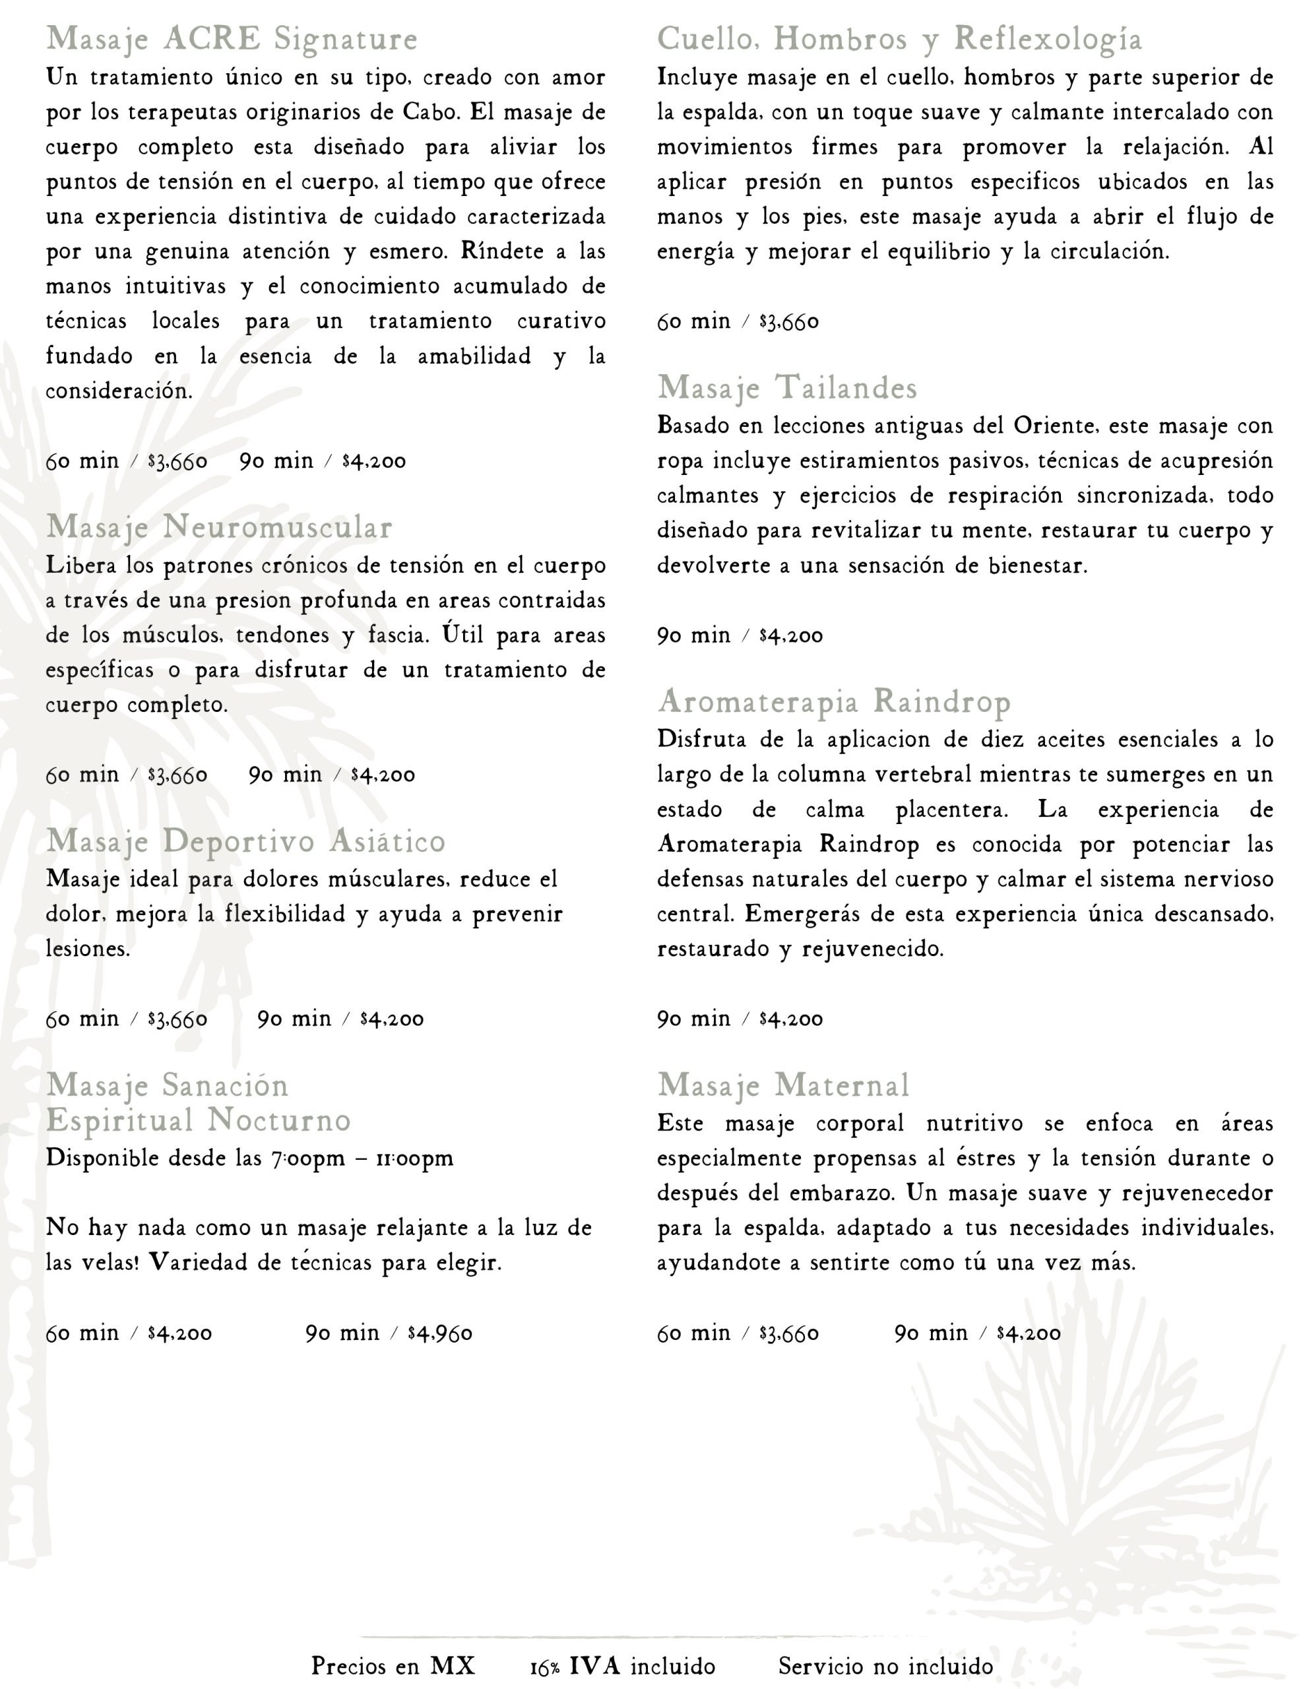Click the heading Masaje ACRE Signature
pyautogui.click(x=232, y=39)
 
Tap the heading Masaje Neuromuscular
pyautogui.click(x=219, y=527)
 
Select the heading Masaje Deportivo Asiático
pyautogui.click(x=245, y=841)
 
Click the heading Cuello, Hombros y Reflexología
pyautogui.click(x=899, y=39)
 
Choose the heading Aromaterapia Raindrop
pyautogui.click(x=834, y=701)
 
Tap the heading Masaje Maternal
pyautogui.click(x=783, y=1085)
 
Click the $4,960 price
pyautogui.click(x=439, y=1333)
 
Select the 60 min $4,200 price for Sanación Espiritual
pyautogui.click(x=179, y=1333)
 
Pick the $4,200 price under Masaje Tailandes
pyautogui.click(x=790, y=636)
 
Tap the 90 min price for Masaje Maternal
pyautogui.click(x=1028, y=1333)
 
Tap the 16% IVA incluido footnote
pyautogui.click(x=623, y=1666)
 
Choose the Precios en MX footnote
pyautogui.click(x=393, y=1666)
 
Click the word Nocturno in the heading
pyautogui.click(x=279, y=1120)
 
